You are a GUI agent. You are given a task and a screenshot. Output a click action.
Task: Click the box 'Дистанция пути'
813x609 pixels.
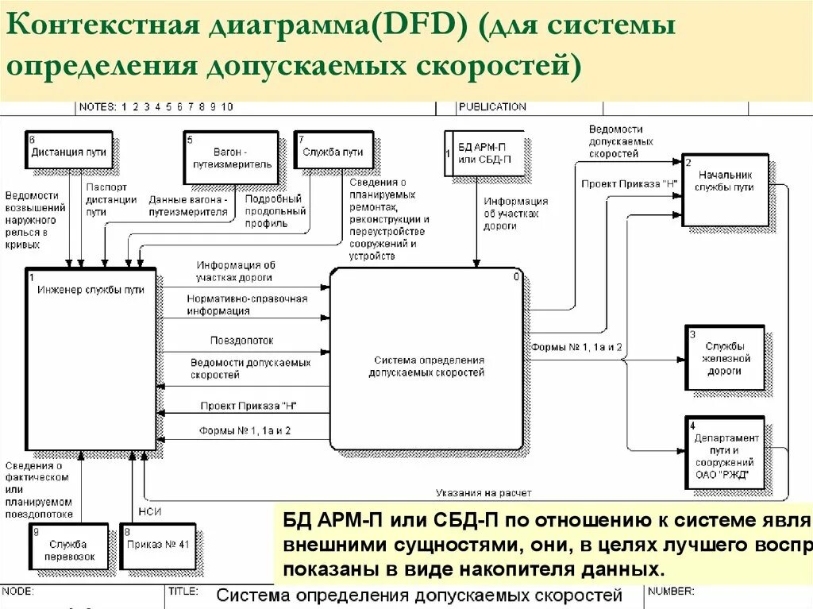(x=67, y=152)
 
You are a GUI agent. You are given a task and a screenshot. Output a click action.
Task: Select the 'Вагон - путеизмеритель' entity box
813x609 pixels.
(x=231, y=157)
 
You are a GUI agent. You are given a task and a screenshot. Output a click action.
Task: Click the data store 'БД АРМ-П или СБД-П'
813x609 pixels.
(x=485, y=152)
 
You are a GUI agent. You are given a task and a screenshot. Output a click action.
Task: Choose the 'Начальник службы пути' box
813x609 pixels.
(x=725, y=189)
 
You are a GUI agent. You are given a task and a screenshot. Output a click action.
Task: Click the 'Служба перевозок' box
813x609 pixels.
(x=68, y=547)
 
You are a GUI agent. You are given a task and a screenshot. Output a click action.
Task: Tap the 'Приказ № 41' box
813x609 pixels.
(x=159, y=545)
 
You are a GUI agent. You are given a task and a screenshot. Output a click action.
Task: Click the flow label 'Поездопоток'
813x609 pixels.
(x=231, y=340)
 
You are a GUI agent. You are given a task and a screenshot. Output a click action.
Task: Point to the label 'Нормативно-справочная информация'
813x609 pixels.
(x=247, y=305)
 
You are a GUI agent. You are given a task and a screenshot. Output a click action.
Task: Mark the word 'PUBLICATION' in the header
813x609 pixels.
(x=492, y=106)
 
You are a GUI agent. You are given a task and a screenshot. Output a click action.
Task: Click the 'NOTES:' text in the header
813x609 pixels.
(x=97, y=106)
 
